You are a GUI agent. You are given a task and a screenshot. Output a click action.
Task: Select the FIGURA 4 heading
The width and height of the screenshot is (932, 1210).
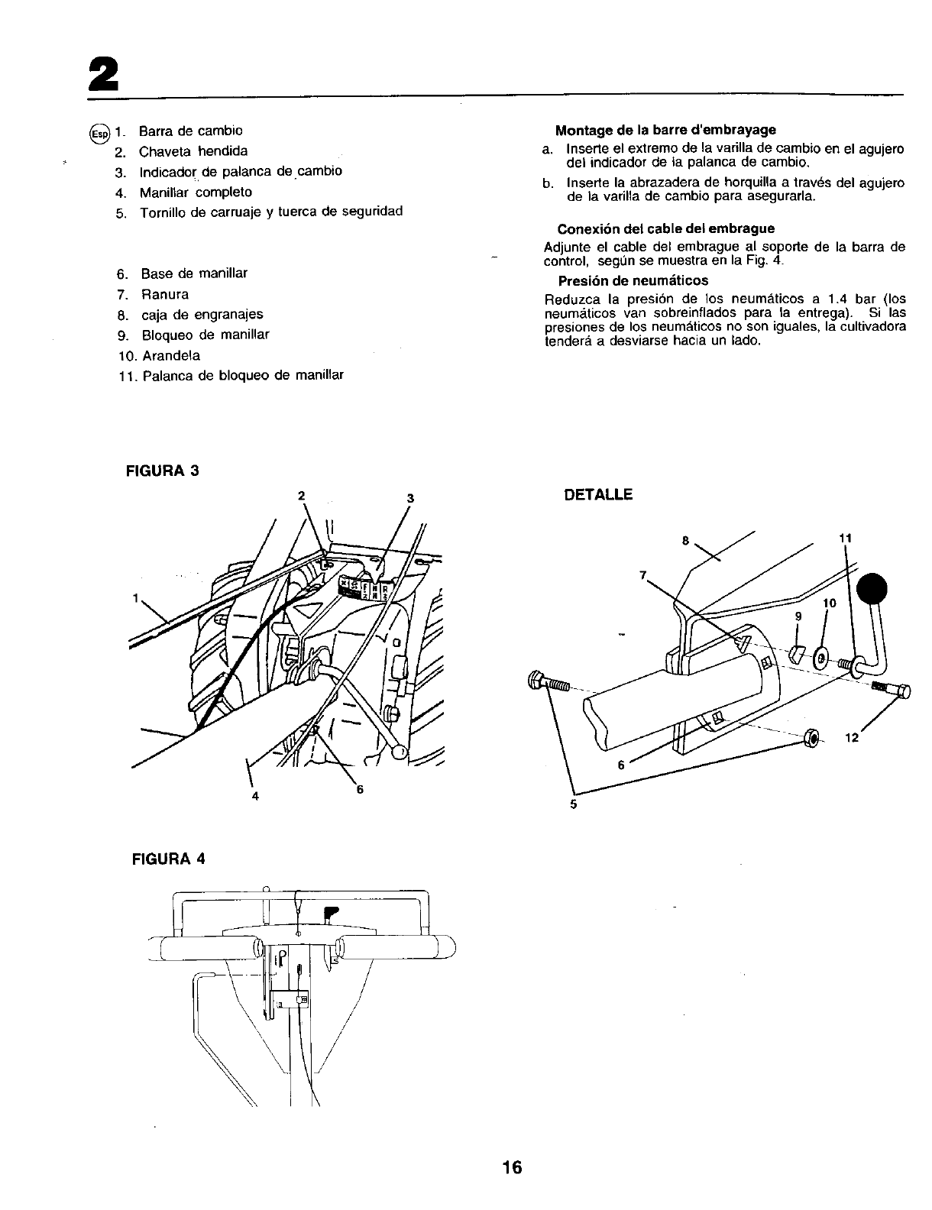[166, 857]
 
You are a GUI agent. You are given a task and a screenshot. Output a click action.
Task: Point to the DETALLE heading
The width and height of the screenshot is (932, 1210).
[597, 495]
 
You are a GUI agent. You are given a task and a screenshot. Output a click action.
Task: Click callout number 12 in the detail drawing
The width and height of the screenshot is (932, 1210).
[853, 738]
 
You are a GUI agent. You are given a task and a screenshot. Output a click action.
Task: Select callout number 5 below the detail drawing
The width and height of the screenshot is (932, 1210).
[573, 804]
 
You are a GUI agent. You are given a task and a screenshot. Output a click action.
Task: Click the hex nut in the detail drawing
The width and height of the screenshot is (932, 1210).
[812, 738]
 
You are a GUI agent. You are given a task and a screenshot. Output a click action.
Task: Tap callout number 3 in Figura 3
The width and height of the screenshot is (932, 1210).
[409, 499]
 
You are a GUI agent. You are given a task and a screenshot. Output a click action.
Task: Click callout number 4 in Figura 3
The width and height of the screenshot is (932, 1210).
[255, 796]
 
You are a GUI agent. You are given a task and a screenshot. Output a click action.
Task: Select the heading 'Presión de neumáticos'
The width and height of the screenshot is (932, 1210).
[633, 281]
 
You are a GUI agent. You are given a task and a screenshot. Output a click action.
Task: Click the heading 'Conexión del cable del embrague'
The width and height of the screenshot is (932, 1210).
[665, 228]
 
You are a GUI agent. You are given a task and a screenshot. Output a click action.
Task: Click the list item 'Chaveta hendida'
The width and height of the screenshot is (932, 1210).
[193, 151]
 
